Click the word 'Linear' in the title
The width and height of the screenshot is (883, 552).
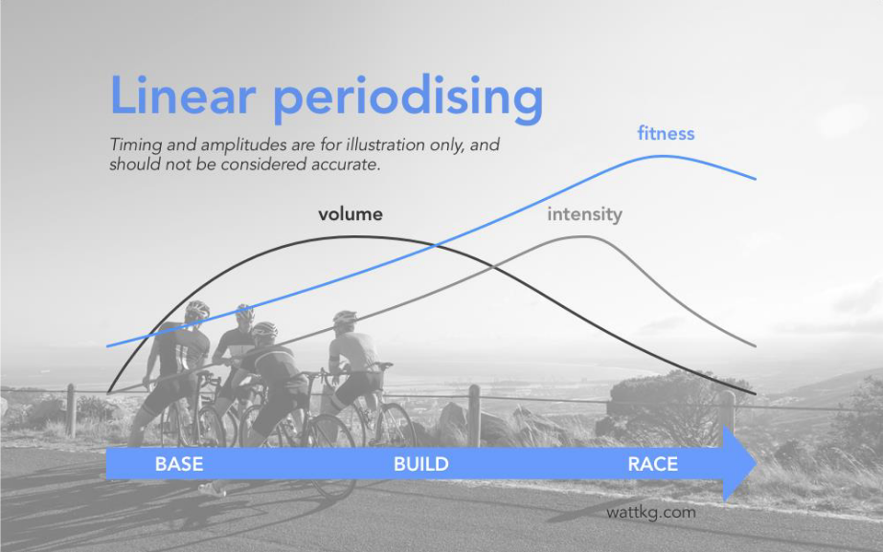(x=183, y=95)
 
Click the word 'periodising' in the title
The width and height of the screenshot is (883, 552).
(x=408, y=99)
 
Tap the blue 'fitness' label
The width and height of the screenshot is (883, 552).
(x=666, y=133)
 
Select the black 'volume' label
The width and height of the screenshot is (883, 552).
(x=351, y=214)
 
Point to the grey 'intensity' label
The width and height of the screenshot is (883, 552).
(x=584, y=214)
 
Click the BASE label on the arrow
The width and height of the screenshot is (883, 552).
(x=179, y=464)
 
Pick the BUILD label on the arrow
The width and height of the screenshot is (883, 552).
(x=421, y=464)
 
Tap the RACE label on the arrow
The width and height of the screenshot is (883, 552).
(x=653, y=464)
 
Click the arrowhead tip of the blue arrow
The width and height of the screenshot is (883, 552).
(x=756, y=463)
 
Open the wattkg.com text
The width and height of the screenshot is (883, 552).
(x=651, y=512)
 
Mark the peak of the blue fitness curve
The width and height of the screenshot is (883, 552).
(x=660, y=157)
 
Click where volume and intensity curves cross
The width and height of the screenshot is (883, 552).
(x=491, y=267)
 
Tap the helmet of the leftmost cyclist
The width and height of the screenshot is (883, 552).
(x=197, y=309)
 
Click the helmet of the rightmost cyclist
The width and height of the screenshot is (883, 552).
(x=345, y=318)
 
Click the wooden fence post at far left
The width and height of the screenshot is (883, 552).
(x=71, y=410)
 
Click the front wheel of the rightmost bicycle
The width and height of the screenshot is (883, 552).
(x=395, y=428)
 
